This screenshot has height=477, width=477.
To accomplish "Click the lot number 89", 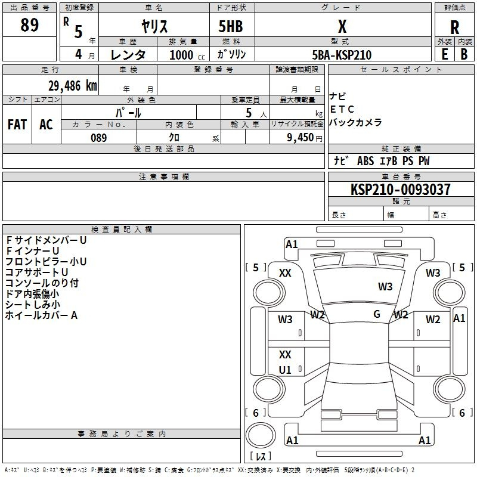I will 29,25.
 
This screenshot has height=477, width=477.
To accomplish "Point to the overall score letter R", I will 454,27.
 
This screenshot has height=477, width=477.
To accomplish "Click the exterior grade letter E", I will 444,54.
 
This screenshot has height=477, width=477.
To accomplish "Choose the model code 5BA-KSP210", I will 342,55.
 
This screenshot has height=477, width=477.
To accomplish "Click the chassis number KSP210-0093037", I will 400,190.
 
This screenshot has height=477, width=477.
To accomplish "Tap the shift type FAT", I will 17,125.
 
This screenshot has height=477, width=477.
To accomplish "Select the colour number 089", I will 98,138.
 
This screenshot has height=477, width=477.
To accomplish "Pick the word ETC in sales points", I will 342,109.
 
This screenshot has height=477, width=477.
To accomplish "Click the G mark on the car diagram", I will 377,314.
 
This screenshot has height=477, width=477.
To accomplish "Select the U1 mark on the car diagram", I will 285,370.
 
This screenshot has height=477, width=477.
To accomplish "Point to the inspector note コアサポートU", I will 37,272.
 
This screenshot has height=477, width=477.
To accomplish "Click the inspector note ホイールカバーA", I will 42,315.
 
